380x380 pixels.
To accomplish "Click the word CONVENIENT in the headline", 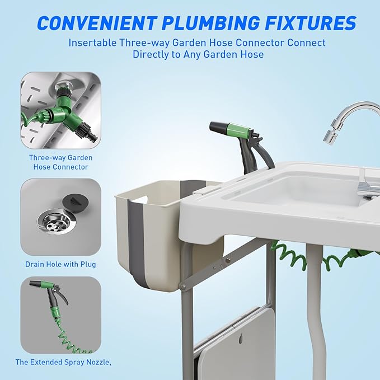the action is tap(96, 23).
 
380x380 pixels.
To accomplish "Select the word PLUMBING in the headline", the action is tap(210, 23).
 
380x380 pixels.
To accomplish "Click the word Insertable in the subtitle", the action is tap(92, 43).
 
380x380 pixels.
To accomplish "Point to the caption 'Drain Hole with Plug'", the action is tap(60, 264).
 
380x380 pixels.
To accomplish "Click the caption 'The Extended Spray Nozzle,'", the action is tap(63, 362).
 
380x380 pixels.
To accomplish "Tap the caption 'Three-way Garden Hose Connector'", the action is tap(61, 162).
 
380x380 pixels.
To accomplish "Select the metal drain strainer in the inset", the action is tap(57, 221).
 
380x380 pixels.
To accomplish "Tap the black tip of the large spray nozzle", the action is tap(217, 126).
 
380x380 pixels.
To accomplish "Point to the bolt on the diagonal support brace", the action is tap(228, 261).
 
